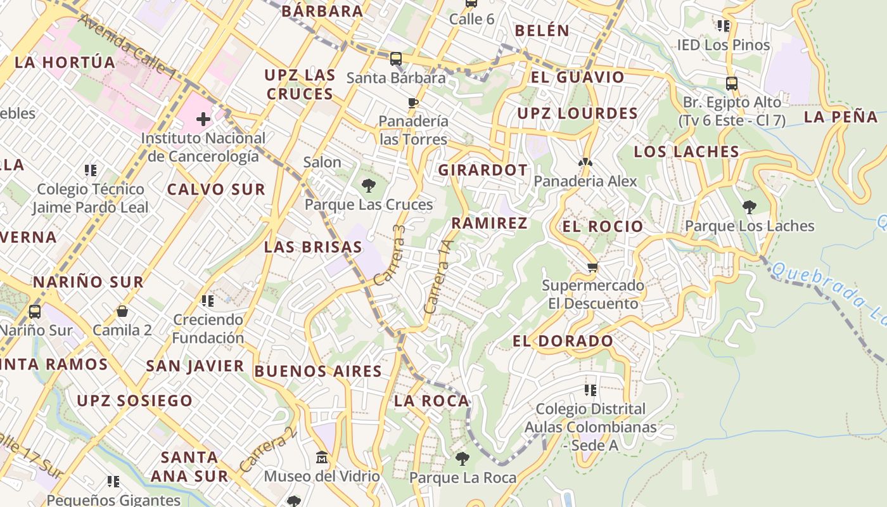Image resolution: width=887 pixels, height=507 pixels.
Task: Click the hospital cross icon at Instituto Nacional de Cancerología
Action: coord(203,119)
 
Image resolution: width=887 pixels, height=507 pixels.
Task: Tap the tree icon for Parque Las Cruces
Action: coord(368,186)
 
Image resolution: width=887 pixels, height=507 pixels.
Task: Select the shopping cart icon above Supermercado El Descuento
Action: coord(592,267)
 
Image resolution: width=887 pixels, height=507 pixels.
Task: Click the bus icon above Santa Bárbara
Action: coord(396,59)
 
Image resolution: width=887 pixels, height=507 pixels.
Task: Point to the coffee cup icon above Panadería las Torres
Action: coord(413,103)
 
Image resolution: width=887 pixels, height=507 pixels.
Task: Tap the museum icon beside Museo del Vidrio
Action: coord(322,457)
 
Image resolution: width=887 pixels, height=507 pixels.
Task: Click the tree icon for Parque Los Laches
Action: coord(749,207)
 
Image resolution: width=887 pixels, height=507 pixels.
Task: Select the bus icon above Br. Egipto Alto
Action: coord(731,83)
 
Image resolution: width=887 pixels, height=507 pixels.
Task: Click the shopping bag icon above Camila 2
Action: coord(122,311)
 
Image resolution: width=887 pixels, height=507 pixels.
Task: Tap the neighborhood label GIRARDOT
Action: coord(483,170)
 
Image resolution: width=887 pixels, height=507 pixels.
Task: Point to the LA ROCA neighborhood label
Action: coord(431,401)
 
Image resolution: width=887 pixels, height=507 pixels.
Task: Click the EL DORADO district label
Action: coord(563,341)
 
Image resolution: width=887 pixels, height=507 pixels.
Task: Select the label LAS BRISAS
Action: coord(313,247)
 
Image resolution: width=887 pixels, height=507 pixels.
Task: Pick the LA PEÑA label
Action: coord(841,117)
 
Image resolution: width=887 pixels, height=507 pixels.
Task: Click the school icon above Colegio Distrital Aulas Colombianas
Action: coord(590,390)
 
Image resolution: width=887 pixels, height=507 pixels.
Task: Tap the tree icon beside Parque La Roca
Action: coord(463,458)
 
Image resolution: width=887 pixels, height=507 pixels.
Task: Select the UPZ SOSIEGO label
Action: coord(134,401)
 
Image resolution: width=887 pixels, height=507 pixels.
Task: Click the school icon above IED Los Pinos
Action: coord(723,26)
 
